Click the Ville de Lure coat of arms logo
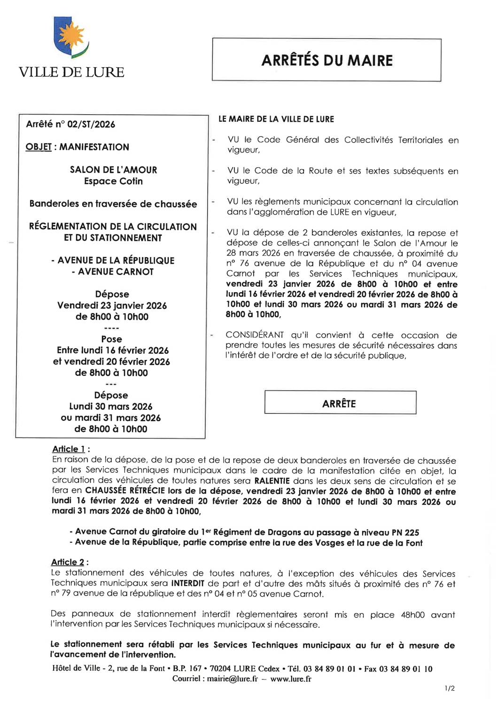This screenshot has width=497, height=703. click(x=71, y=38)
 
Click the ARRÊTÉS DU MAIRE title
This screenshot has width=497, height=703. click(x=327, y=61)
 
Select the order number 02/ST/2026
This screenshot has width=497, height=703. click(x=91, y=124)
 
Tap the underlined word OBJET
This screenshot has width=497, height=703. click(x=39, y=147)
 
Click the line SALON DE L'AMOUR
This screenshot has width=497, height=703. click(x=113, y=170)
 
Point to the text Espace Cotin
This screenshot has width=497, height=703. click(x=113, y=181)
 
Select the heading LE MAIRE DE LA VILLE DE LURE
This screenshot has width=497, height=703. click(x=276, y=119)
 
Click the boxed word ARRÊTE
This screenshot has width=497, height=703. click(x=339, y=404)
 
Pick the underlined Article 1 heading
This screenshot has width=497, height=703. click(x=69, y=449)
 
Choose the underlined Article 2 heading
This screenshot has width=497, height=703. click(x=68, y=562)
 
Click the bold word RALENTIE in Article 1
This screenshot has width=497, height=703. click(x=272, y=481)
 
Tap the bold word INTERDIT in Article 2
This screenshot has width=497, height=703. click(x=187, y=583)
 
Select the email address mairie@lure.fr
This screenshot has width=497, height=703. click(x=233, y=679)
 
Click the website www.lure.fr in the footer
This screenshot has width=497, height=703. click(x=291, y=679)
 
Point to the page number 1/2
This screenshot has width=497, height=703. click(x=450, y=688)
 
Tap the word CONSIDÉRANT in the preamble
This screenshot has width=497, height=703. click(x=255, y=335)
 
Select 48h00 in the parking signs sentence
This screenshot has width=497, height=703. click(x=412, y=615)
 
